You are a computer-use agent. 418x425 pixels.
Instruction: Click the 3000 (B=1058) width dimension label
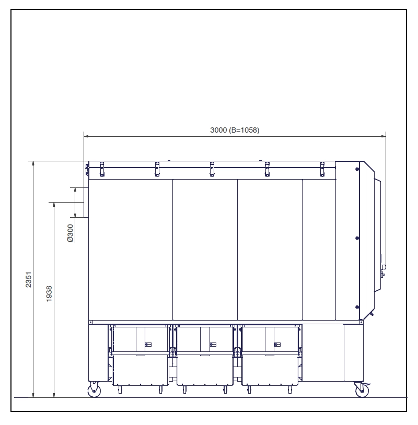click(x=235, y=131)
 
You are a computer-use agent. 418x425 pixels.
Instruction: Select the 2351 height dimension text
click(x=29, y=280)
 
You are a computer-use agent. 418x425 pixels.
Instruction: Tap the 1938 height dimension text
click(x=49, y=294)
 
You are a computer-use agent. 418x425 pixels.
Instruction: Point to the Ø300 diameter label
click(x=70, y=233)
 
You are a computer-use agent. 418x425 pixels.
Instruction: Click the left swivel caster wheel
click(x=94, y=391)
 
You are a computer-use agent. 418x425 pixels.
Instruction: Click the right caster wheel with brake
click(x=362, y=391)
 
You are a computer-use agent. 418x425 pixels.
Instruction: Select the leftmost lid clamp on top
click(x=102, y=169)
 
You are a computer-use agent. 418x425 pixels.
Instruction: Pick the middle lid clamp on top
click(x=212, y=169)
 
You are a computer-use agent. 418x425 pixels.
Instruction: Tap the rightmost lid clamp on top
click(x=322, y=169)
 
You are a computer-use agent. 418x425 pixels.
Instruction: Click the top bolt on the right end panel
click(x=357, y=169)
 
